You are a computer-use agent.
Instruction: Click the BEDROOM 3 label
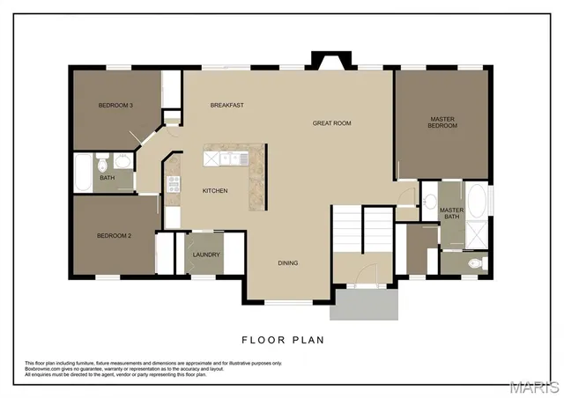[115, 106]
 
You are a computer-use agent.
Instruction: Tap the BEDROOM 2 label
[114, 236]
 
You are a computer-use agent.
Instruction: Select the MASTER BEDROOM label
[442, 122]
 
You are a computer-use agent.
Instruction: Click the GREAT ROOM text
[331, 123]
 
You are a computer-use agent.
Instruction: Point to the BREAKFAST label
[226, 106]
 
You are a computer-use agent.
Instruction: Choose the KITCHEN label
[215, 191]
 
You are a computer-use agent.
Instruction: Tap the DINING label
[287, 262]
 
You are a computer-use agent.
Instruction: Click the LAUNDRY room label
[206, 255]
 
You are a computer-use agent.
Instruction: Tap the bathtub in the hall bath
[81, 172]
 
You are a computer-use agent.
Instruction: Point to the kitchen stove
[174, 185]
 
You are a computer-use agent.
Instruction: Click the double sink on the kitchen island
[234, 158]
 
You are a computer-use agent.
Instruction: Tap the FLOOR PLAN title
[282, 338]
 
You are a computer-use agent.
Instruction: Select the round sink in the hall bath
[122, 160]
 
